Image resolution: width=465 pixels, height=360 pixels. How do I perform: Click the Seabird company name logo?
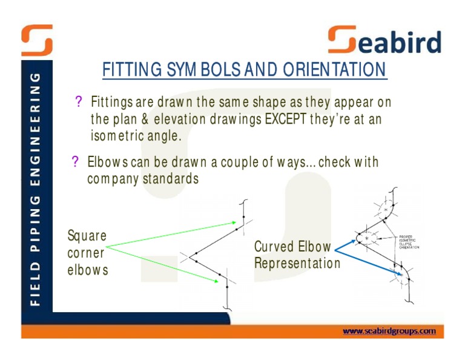(384, 41)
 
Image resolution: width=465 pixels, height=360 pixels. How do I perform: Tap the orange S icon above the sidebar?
(37, 40)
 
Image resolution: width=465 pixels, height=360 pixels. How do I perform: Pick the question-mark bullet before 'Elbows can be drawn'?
(76, 162)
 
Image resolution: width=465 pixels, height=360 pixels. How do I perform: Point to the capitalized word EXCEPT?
(286, 119)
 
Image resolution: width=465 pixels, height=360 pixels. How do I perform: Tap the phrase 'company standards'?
(143, 180)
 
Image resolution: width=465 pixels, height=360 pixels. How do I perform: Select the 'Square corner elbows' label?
(88, 252)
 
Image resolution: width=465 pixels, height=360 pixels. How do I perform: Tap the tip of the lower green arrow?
(219, 281)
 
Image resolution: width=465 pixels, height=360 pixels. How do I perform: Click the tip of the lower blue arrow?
(401, 276)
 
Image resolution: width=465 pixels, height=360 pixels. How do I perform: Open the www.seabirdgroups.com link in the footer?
(389, 331)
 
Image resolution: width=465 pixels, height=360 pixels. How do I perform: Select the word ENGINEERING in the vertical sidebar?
(36, 129)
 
